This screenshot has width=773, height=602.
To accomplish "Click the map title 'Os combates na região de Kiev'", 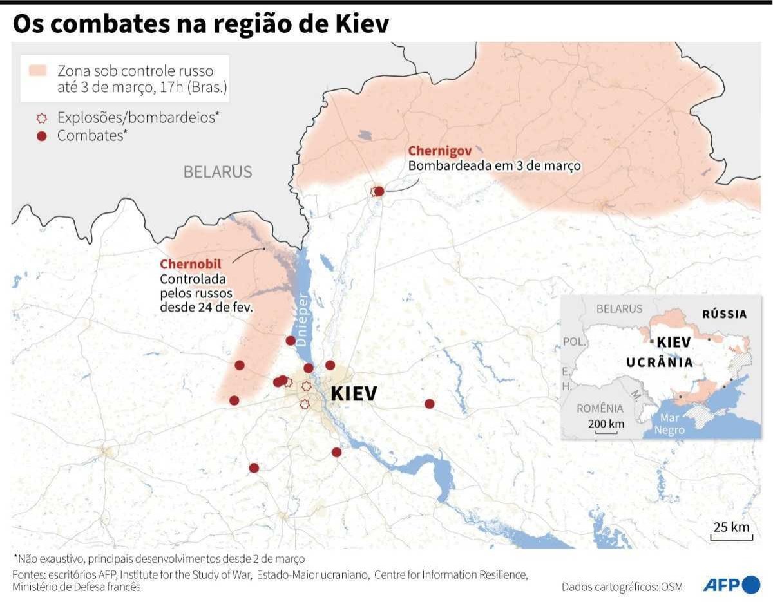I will point(200,24).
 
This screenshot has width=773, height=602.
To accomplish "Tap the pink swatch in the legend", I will point(37,71).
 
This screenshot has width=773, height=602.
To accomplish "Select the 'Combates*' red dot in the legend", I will point(42,136).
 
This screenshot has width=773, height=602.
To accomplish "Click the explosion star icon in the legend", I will point(42,118).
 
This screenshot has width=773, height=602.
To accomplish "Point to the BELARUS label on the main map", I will point(217,172).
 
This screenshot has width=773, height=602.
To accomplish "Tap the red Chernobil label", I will point(190,265).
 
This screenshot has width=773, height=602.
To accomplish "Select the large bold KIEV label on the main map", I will point(353,393).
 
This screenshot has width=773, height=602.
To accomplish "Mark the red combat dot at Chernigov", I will point(379,191).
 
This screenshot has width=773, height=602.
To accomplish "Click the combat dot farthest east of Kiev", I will point(430,404).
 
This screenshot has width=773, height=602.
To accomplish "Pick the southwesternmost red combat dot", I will point(254,468).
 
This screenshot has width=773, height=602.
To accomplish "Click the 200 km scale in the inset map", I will point(606,426).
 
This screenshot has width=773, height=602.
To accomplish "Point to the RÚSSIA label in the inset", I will point(725,314).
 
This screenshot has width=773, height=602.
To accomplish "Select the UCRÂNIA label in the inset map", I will point(660,362).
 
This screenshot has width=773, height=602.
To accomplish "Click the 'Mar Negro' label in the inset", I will point(669,424).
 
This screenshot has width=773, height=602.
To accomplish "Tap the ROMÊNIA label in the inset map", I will point(600,408).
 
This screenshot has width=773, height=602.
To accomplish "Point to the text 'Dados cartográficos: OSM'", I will point(622,587).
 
